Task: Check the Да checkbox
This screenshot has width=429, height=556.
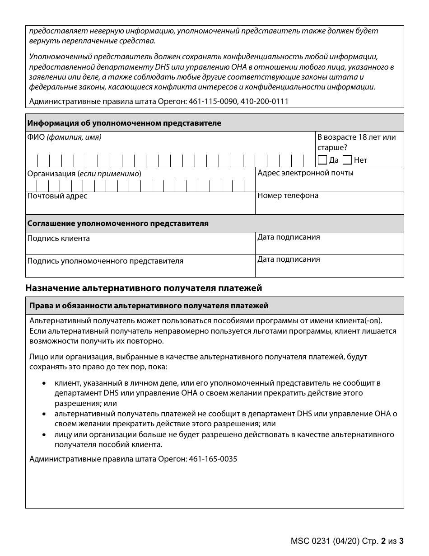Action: (322, 160)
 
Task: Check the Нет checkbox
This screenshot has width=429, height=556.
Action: (347, 160)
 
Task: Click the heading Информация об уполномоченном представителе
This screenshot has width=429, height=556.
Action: (124, 123)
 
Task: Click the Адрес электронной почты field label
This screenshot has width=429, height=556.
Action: (305, 173)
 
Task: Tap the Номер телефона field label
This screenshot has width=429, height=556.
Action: (288, 196)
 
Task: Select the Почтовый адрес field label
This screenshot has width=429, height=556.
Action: (57, 196)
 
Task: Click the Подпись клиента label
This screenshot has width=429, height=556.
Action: (59, 238)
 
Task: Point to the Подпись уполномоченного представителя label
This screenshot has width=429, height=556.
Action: (105, 261)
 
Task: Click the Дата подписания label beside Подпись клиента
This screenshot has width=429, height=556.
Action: (289, 237)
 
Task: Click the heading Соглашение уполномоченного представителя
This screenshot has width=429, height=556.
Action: (118, 223)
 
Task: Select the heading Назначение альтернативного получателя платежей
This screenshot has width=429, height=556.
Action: (144, 288)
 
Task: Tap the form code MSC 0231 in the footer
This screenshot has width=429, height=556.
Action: (307, 541)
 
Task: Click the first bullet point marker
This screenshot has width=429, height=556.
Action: (44, 383)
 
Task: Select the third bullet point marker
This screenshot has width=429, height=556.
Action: (44, 434)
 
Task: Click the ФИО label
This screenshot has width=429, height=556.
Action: (36, 137)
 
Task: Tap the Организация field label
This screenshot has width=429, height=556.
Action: (51, 174)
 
